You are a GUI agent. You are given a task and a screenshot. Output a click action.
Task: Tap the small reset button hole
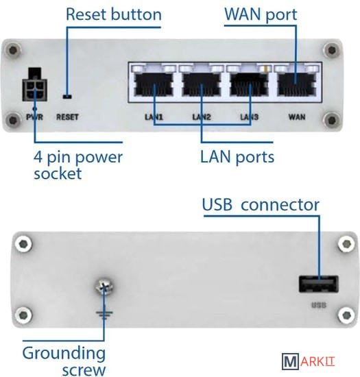click(x=67, y=97)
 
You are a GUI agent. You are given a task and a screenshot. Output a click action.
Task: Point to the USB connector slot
click(x=319, y=284)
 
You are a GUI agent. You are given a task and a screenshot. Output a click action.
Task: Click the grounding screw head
click(x=104, y=287)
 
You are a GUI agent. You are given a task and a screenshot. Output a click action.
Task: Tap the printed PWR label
click(x=35, y=117)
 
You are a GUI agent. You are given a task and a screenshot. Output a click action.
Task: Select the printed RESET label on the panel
click(x=67, y=117)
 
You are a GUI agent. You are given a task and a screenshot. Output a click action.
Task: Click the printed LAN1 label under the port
click(x=154, y=117)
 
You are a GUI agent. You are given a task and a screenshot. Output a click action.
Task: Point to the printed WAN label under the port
click(x=297, y=117)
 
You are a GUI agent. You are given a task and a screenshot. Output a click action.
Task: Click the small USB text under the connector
click(x=319, y=305)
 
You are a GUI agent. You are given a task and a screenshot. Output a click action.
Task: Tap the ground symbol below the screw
click(x=104, y=315)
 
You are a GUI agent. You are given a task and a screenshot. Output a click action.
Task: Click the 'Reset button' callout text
click(x=114, y=14)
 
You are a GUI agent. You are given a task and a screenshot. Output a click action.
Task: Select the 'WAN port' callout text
click(x=261, y=14)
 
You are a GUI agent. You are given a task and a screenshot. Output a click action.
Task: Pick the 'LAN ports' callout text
click(x=237, y=157)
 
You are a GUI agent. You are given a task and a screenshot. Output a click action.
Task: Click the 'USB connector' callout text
click(x=261, y=205)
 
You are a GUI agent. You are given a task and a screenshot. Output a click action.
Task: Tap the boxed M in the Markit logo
click(x=290, y=361)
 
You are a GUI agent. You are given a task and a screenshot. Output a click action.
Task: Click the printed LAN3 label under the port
click(x=250, y=117)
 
